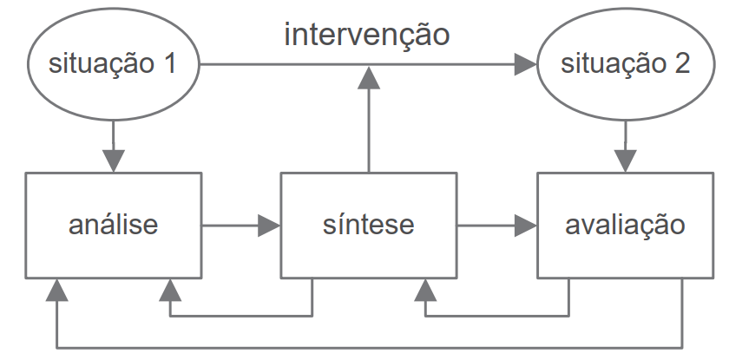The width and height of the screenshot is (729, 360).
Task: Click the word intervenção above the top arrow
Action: (367, 35)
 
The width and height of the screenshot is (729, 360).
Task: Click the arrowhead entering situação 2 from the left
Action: (526, 64)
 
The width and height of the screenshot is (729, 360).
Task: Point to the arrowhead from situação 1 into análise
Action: (114, 160)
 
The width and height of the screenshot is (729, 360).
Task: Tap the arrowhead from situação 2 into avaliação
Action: (626, 160)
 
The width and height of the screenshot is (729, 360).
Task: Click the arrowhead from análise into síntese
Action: (269, 226)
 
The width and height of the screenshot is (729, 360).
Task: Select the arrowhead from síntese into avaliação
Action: (526, 226)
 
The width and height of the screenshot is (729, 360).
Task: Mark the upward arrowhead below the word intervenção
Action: (369, 77)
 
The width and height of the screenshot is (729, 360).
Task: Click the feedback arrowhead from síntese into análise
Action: (170, 290)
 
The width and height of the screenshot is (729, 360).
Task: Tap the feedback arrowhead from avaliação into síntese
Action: (425, 290)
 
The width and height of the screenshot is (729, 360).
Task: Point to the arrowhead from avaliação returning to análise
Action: (56, 290)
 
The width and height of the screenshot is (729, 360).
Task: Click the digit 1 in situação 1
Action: (169, 63)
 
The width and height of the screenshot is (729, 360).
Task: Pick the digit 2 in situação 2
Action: (681, 63)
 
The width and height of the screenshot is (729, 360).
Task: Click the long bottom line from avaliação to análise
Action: (370, 348)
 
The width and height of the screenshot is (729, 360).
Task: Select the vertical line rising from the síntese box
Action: (369, 130)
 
